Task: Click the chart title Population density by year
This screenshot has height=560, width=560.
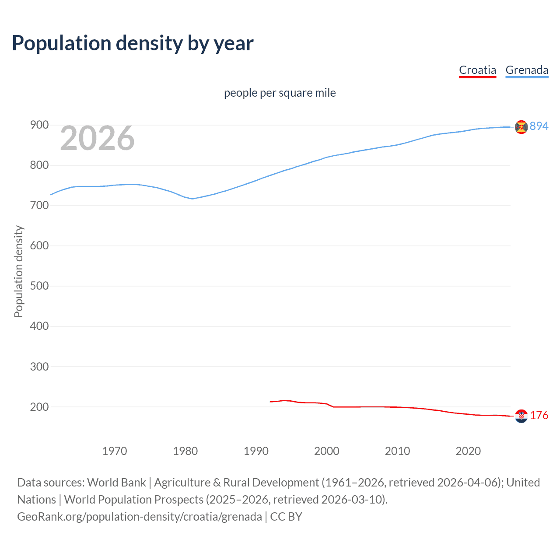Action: click(133, 43)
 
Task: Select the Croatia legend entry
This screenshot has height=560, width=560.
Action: click(477, 70)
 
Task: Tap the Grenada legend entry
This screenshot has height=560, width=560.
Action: click(527, 70)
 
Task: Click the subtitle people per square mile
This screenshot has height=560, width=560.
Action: click(280, 93)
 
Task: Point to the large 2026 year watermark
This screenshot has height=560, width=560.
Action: click(97, 138)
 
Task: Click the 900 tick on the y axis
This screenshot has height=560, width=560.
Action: click(39, 125)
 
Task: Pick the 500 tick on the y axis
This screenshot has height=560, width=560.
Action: click(39, 286)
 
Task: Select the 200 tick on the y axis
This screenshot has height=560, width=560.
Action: click(39, 407)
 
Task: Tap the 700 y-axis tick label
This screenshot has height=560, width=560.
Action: click(39, 206)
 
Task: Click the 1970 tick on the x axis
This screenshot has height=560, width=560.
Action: click(115, 451)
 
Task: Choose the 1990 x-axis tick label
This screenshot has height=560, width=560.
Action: click(256, 451)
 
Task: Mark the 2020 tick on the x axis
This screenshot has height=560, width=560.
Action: click(468, 451)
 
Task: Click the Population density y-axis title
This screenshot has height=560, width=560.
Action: click(18, 271)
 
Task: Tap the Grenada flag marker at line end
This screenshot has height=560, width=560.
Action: click(521, 127)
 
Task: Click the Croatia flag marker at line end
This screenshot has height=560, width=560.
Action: click(521, 416)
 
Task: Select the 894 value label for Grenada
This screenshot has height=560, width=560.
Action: click(539, 126)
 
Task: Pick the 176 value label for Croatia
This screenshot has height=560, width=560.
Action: click(539, 416)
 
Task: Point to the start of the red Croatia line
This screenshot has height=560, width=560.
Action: click(270, 402)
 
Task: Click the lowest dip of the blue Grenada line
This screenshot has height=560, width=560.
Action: click(192, 199)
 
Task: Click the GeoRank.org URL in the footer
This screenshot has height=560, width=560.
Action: click(140, 517)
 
